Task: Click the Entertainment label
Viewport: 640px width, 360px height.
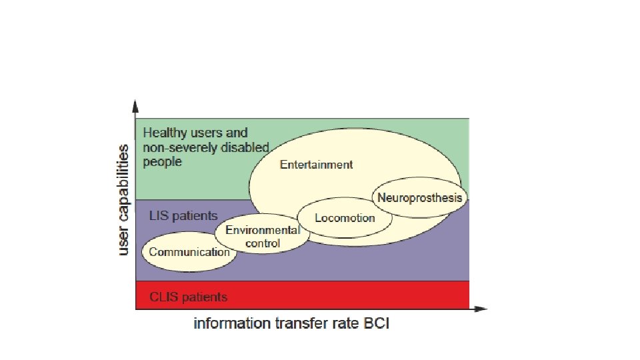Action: [x=316, y=165]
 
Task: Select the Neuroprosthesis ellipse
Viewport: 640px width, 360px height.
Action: [x=419, y=197]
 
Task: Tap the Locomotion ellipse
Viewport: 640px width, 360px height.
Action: [x=345, y=218]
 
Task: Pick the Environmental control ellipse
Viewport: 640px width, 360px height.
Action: [x=262, y=237]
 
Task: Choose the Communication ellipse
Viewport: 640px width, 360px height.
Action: [x=189, y=252]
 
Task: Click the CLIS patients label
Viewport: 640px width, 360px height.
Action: [x=188, y=297]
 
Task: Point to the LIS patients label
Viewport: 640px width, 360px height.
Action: [x=183, y=215]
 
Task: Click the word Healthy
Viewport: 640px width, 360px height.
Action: [x=165, y=133]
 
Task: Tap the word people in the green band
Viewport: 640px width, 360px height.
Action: [x=163, y=162]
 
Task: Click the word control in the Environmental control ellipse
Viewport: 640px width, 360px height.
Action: [x=263, y=243]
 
